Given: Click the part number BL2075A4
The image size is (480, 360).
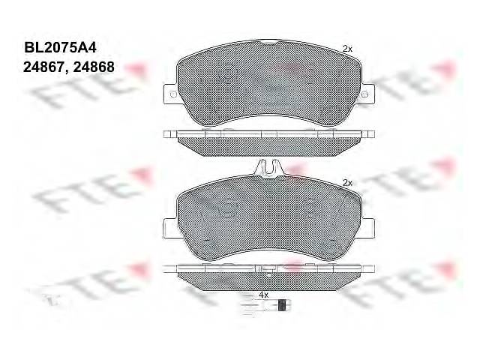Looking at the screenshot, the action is pyautogui.click(x=60, y=48).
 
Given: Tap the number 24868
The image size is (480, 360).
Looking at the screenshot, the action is pyautogui.click(x=94, y=67).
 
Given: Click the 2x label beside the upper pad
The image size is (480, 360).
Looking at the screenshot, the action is pyautogui.click(x=347, y=49).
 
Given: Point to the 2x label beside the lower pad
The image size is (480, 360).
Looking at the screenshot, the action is pyautogui.click(x=347, y=183).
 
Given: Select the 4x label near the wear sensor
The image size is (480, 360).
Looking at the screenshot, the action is pyautogui.click(x=263, y=295).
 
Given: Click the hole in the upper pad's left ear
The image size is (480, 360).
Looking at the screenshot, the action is pyautogui.click(x=173, y=94).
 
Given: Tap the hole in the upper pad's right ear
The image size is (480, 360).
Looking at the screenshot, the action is pyautogui.click(x=364, y=94).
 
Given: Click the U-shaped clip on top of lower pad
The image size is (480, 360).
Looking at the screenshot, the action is pyautogui.click(x=268, y=168).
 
